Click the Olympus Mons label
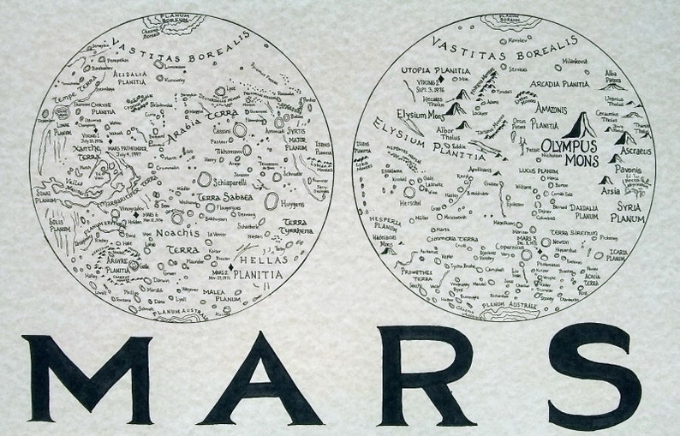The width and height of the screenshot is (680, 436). point(560,155)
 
